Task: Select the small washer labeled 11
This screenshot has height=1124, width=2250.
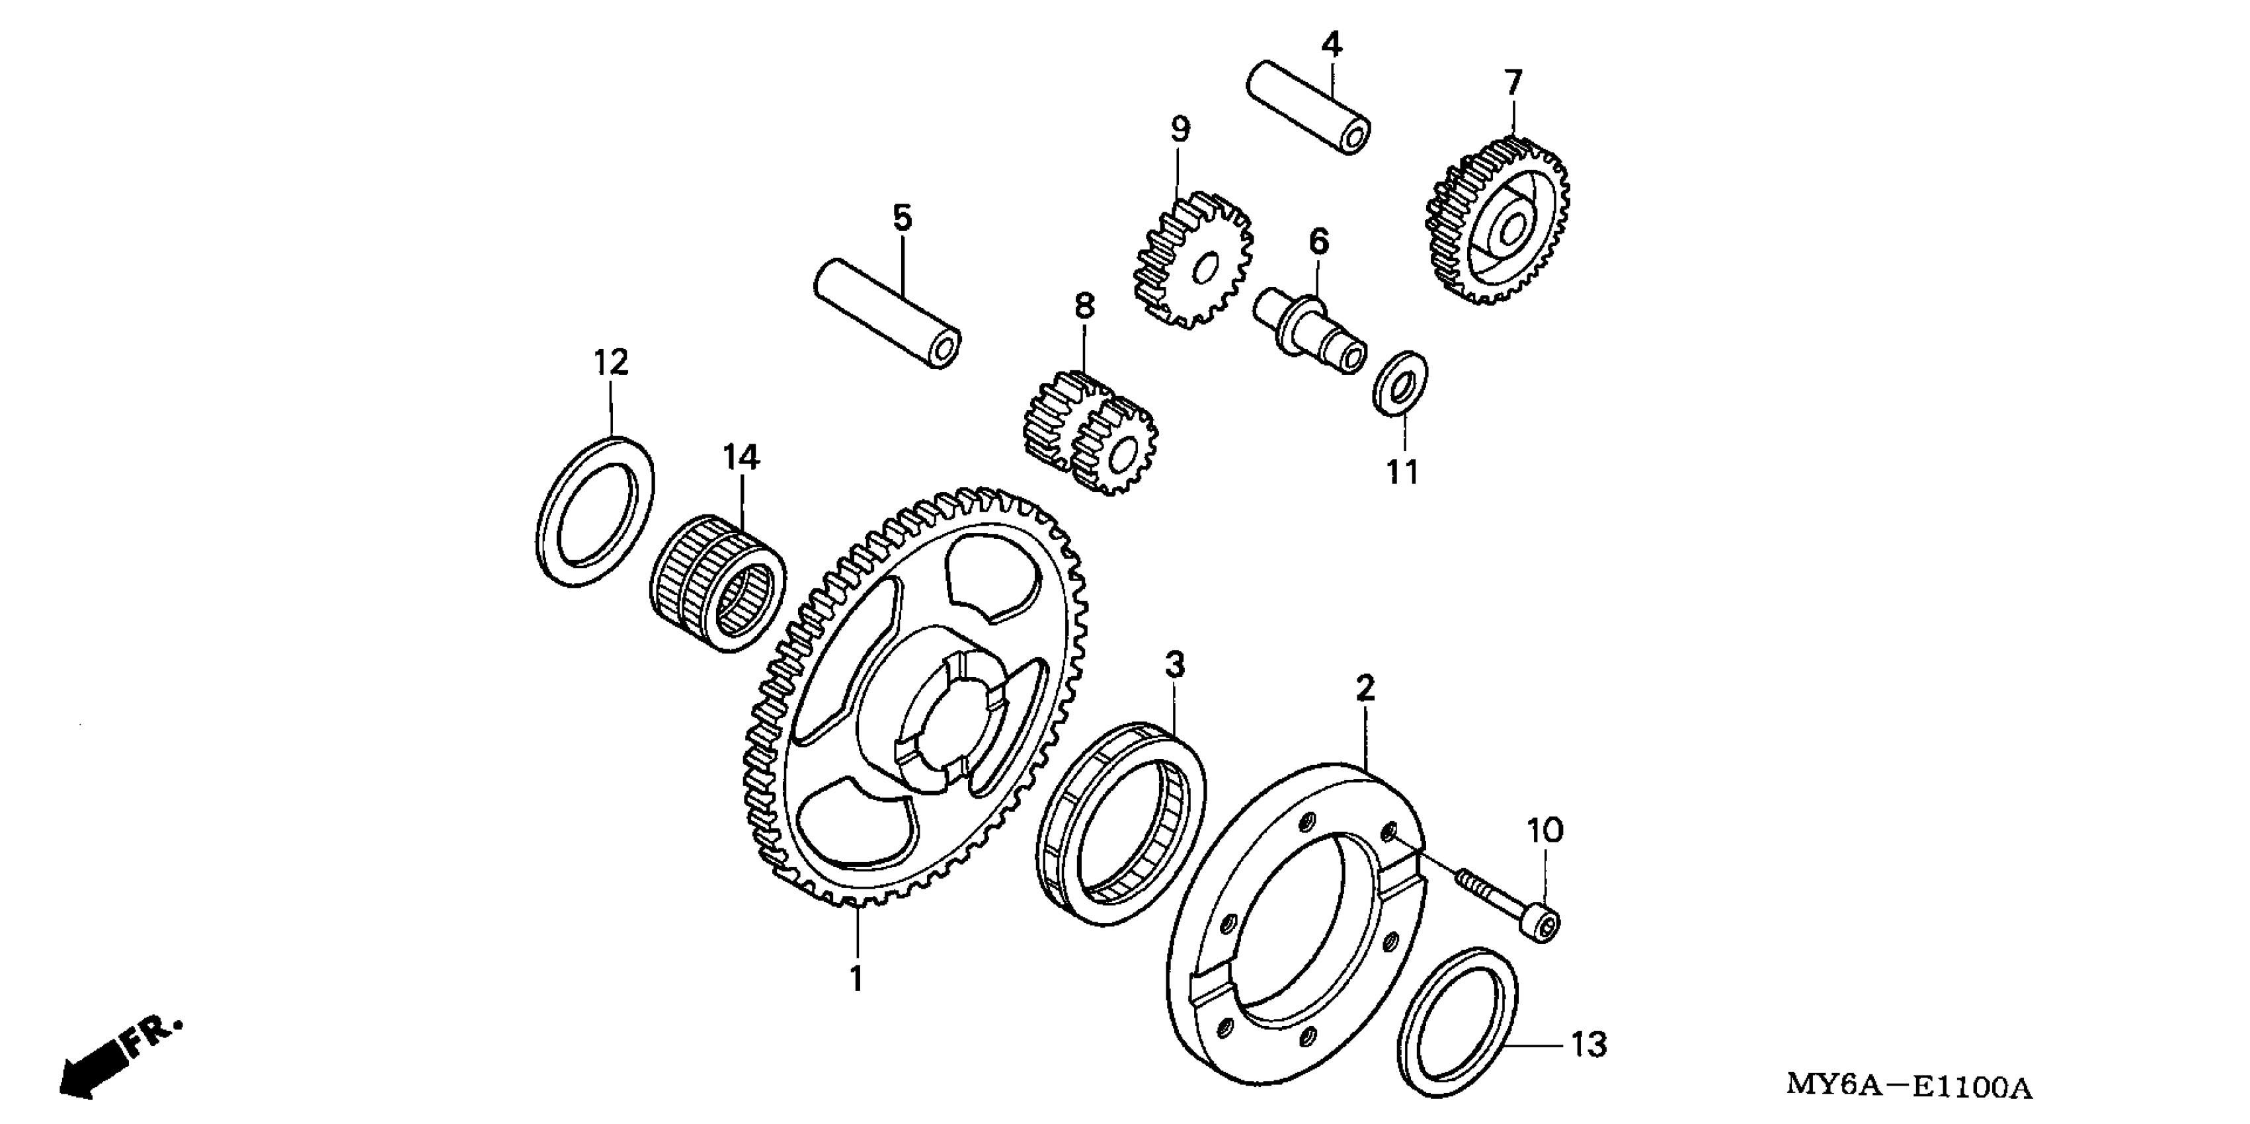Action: point(1401,383)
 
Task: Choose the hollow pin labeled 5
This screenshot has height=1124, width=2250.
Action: point(887,313)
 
